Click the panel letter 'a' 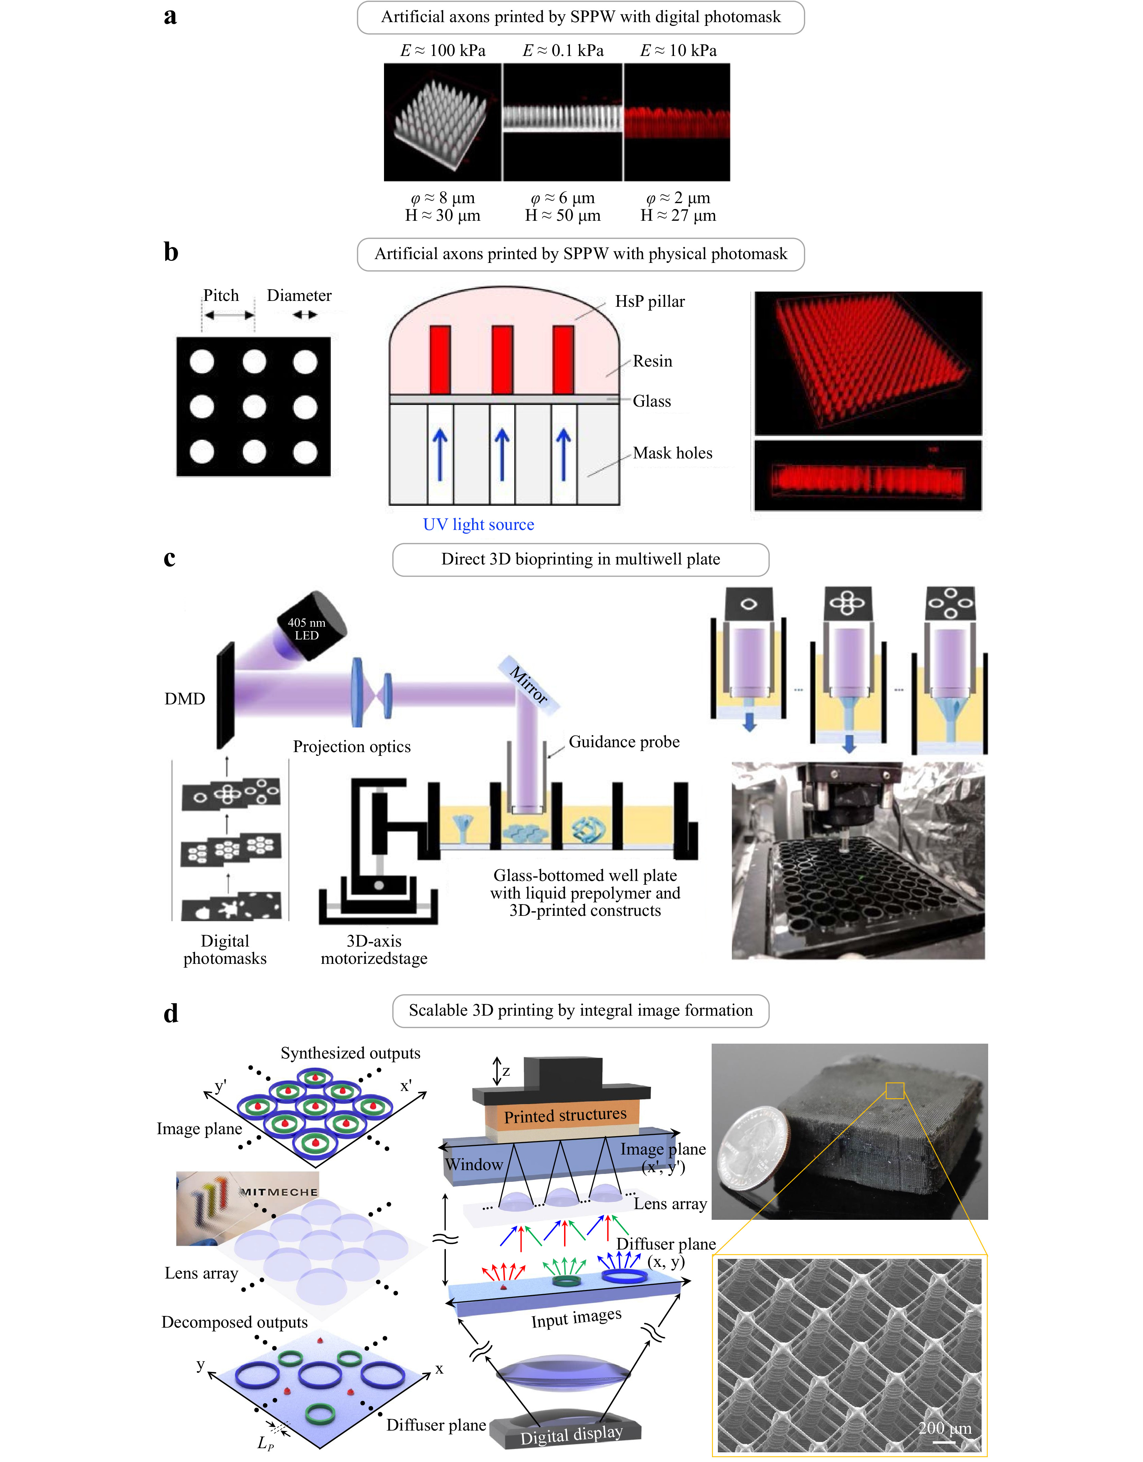[x=170, y=16]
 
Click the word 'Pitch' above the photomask [x=221, y=295]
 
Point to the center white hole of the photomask [x=254, y=406]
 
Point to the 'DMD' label [x=185, y=699]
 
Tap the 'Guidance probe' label [x=624, y=742]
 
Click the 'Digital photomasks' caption [x=225, y=950]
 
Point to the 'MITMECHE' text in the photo [x=279, y=1192]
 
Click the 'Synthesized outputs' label [x=350, y=1053]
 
